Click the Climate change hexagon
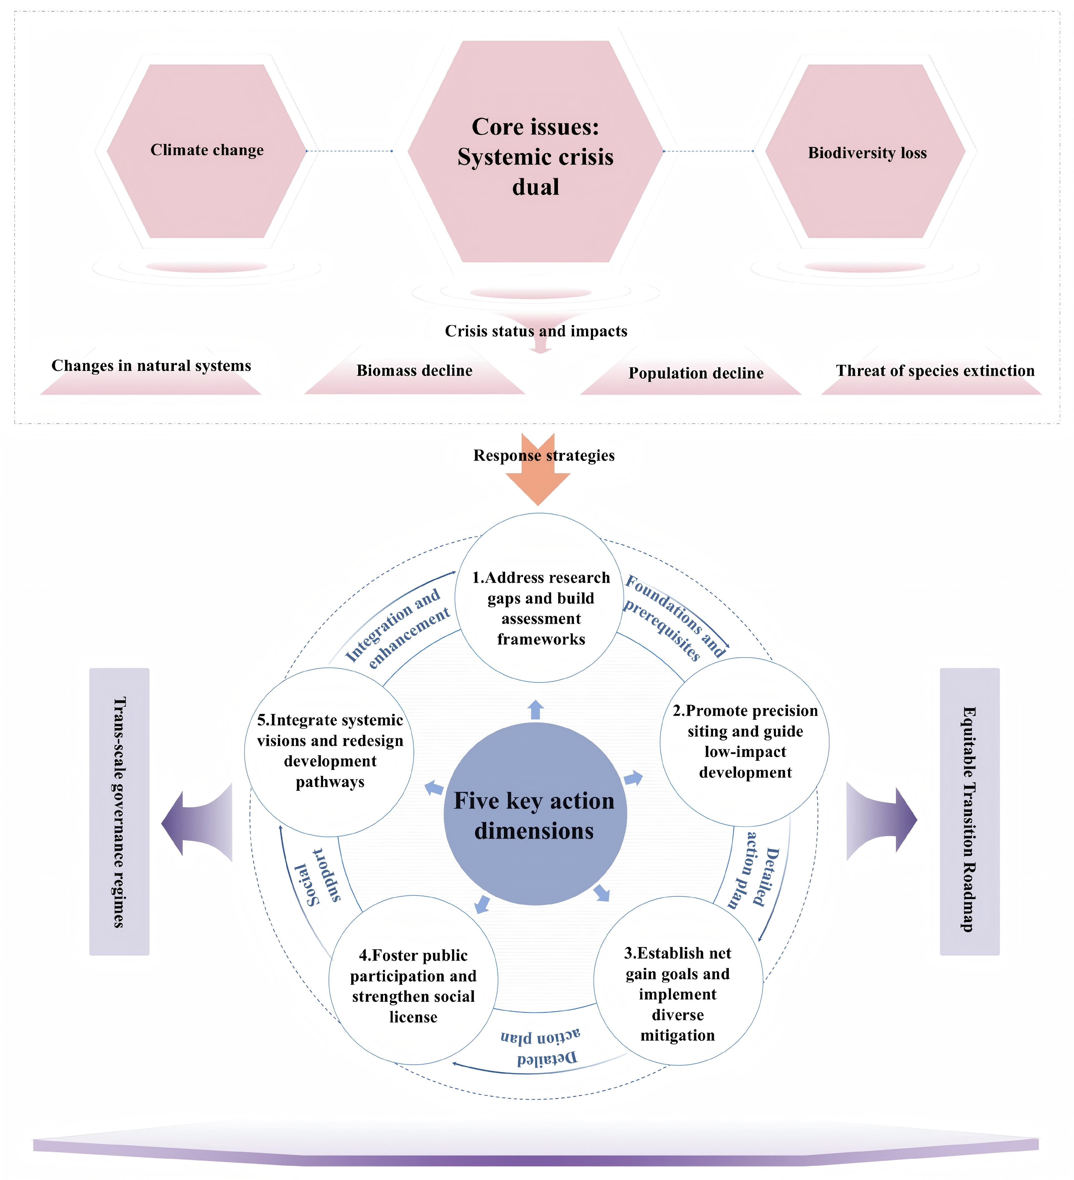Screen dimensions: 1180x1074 206,151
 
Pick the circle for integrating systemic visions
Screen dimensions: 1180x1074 329,751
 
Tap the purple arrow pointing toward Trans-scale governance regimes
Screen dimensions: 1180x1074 197,822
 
